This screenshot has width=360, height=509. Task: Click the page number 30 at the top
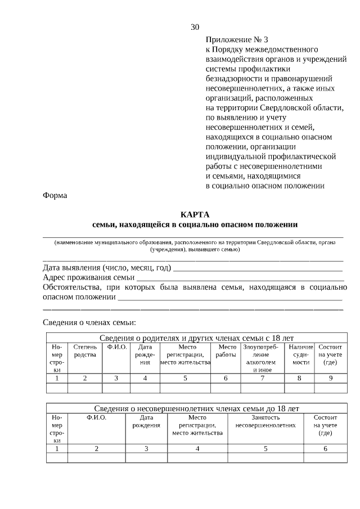pyautogui.click(x=195, y=27)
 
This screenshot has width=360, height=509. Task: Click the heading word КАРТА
pyautogui.click(x=195, y=214)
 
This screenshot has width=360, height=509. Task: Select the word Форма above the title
pyautogui.click(x=55, y=195)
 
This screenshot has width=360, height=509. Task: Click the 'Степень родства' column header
pyautogui.click(x=85, y=351)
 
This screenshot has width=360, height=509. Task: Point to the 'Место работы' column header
pyautogui.click(x=226, y=351)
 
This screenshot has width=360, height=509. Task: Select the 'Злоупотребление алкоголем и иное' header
pyautogui.click(x=262, y=358)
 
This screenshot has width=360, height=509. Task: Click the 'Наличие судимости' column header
pyautogui.click(x=300, y=355)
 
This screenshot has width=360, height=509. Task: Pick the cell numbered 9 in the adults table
pyautogui.click(x=330, y=378)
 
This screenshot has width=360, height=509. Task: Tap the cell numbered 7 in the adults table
pyautogui.click(x=262, y=378)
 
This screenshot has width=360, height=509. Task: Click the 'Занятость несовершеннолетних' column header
pyautogui.click(x=265, y=421)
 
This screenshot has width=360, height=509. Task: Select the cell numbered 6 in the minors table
pyautogui.click(x=325, y=448)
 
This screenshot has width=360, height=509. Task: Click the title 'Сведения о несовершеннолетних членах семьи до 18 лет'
pyautogui.click(x=196, y=408)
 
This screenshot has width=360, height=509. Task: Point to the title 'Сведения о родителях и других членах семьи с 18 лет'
pyautogui.click(x=196, y=338)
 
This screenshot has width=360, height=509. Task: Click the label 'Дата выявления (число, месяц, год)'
pyautogui.click(x=107, y=267)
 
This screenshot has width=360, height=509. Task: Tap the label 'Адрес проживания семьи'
pyautogui.click(x=88, y=277)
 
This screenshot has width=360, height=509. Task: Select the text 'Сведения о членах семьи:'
pyautogui.click(x=89, y=322)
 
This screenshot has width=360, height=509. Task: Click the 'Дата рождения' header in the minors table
pyautogui.click(x=146, y=421)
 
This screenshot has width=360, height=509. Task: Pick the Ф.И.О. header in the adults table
pyautogui.click(x=116, y=347)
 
